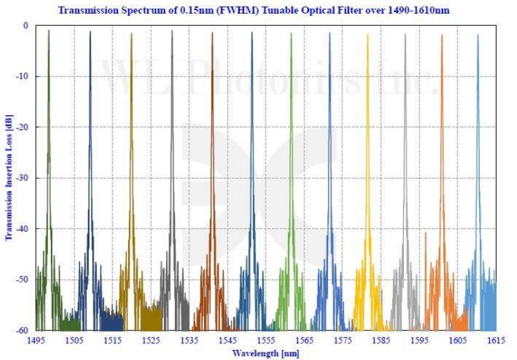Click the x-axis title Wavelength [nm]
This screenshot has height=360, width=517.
pos(264,353)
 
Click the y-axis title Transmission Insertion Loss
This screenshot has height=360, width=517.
pos(9,178)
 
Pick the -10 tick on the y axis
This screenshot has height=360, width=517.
pos(22,76)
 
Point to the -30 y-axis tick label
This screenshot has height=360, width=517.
pos(22,178)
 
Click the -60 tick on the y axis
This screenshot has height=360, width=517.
pos(22,331)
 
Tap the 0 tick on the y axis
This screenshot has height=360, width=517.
pos(26,25)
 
